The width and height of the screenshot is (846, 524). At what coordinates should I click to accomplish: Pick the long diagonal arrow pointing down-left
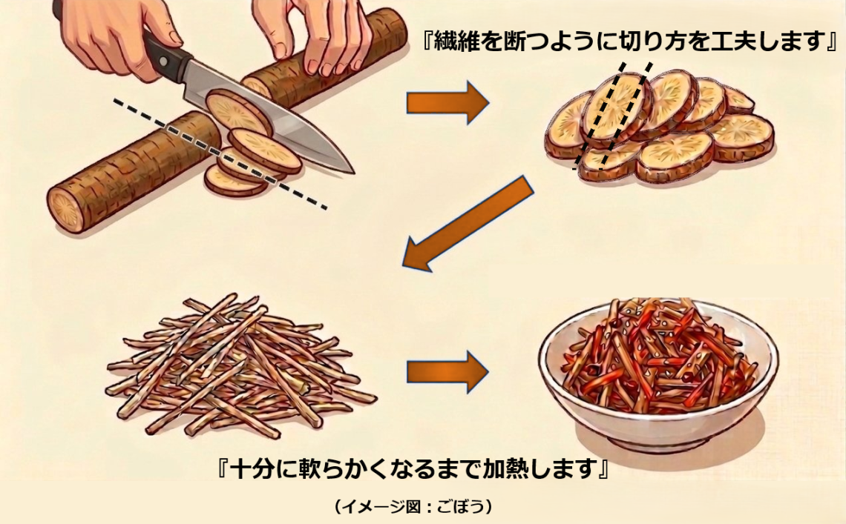(468, 222)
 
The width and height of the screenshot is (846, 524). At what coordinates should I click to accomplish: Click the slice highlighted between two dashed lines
(614, 111)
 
